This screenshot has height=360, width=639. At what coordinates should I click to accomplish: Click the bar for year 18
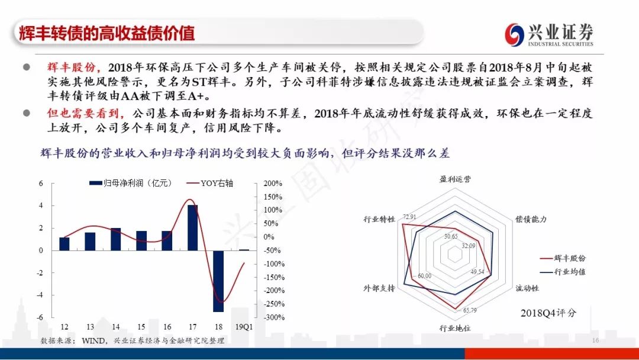[x=218, y=281]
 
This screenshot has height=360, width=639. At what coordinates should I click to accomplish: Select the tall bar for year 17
[x=193, y=227]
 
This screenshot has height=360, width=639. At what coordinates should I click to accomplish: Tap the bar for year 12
[x=64, y=244]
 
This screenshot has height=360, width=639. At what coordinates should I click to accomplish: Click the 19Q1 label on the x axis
[x=244, y=327]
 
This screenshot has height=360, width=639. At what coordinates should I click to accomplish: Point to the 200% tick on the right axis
[x=273, y=184]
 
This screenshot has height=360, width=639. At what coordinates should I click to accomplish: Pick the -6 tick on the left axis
[x=40, y=317]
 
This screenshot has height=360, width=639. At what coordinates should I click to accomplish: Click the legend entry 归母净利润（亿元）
[x=130, y=183]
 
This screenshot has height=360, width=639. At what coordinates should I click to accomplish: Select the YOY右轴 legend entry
[x=210, y=183]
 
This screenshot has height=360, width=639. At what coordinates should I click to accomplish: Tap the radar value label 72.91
[x=409, y=217]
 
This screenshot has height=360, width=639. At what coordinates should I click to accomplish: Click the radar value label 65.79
[x=469, y=310]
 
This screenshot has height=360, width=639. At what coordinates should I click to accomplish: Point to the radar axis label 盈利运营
[x=455, y=179]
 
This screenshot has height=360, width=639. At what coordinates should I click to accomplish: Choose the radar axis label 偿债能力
[x=531, y=219]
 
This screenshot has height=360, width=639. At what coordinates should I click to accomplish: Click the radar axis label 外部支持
[x=379, y=288]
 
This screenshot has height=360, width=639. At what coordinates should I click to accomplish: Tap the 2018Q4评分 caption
[x=548, y=313]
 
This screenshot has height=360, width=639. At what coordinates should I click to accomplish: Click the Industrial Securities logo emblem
[x=514, y=34]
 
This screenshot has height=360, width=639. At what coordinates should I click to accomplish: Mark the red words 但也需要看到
[x=83, y=113]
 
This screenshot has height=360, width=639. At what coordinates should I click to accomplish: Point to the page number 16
[x=595, y=340]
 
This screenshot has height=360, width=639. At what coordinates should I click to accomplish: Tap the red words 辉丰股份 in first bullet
[x=71, y=67]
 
